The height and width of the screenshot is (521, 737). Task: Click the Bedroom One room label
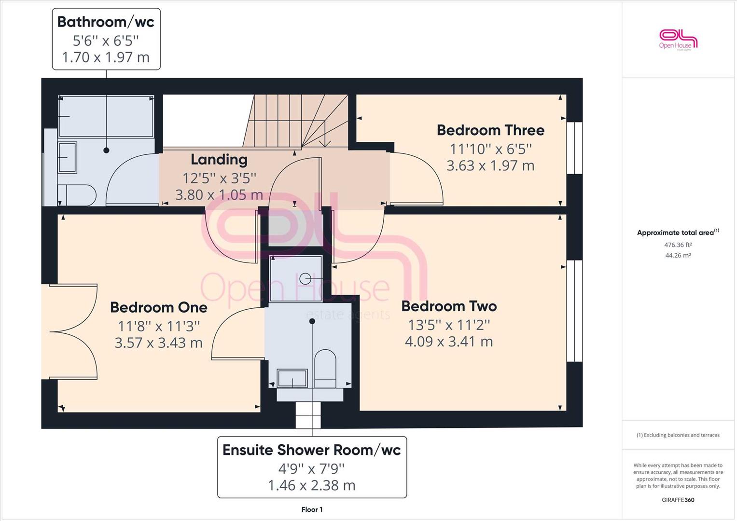[x=159, y=308]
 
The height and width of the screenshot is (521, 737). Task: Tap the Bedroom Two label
[x=449, y=306]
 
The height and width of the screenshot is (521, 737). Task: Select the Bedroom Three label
[x=490, y=130]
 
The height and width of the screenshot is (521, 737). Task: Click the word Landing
[x=219, y=160]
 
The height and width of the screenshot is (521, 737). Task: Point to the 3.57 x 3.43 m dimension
[x=159, y=343]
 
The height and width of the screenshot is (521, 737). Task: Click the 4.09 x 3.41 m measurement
[x=449, y=342]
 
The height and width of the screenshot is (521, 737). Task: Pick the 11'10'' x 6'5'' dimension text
[x=490, y=150]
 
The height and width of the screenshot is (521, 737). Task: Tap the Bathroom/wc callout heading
[x=106, y=22]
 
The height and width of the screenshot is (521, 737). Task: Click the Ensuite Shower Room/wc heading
[x=312, y=450]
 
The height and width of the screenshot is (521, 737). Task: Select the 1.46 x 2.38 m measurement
[x=312, y=485]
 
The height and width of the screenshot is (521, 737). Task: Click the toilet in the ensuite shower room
[x=325, y=369]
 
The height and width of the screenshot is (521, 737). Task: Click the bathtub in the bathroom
[x=106, y=116]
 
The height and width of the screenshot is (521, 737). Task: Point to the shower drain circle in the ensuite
[x=305, y=279]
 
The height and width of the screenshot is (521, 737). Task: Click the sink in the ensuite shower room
[x=292, y=378]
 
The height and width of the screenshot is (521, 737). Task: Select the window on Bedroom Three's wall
[x=575, y=148]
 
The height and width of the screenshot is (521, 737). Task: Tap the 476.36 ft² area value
[x=678, y=245]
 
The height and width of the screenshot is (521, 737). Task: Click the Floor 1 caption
[x=312, y=509]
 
